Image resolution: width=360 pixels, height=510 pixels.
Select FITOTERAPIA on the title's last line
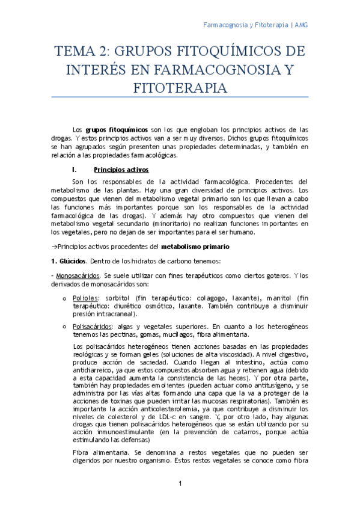[x=180, y=88]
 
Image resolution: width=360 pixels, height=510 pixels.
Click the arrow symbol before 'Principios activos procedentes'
[x=53, y=247]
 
